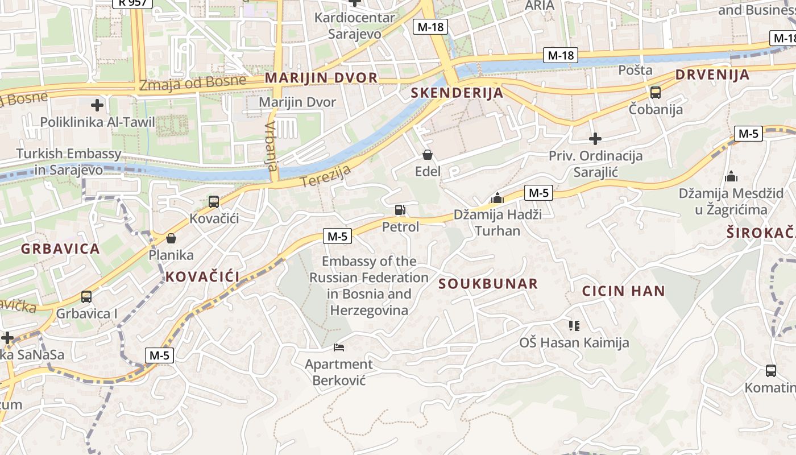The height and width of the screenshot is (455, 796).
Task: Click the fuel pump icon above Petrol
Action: click(x=400, y=210)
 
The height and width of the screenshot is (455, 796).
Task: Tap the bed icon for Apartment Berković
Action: click(x=339, y=347)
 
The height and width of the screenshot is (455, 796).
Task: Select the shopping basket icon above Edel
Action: click(x=428, y=155)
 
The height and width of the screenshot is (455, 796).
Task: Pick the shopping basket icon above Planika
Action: click(x=171, y=238)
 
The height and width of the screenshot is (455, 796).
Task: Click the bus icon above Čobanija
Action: click(x=655, y=92)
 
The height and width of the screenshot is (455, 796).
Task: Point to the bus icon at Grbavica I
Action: click(x=86, y=296)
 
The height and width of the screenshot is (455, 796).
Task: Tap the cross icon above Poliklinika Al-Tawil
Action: click(x=97, y=105)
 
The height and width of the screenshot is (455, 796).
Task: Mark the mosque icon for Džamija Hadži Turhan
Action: click(x=498, y=198)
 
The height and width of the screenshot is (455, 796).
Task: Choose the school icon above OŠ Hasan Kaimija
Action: click(x=574, y=325)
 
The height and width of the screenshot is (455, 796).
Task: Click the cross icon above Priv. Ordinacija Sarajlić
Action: click(x=595, y=138)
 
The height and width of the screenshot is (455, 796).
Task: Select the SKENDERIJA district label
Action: click(x=457, y=93)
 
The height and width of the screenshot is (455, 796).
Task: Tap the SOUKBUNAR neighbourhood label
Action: click(x=488, y=284)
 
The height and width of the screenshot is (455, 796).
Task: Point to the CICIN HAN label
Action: click(x=623, y=291)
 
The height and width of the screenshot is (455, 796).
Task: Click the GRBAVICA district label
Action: click(x=60, y=249)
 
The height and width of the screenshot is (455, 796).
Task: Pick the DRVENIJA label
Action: click(x=712, y=75)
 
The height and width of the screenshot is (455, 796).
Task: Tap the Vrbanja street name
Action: click(x=272, y=146)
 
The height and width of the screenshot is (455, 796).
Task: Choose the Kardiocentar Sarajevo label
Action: click(x=354, y=26)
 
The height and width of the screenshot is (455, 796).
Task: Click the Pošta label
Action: click(x=635, y=71)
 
